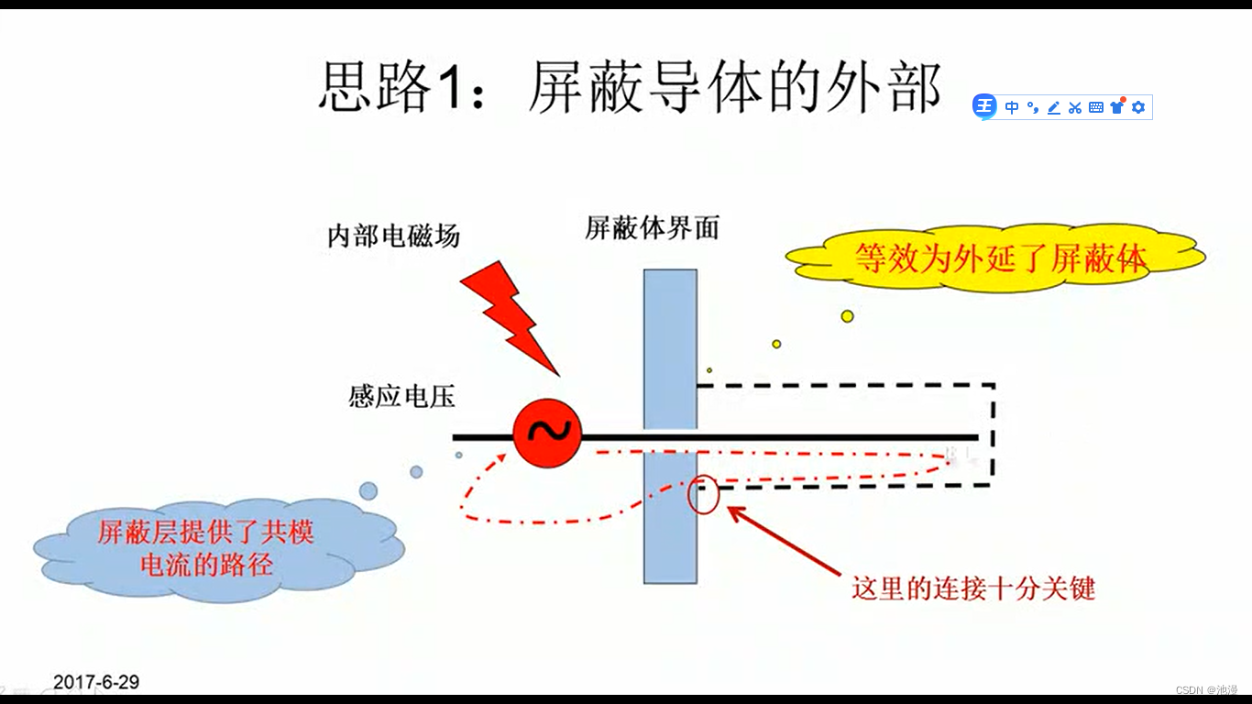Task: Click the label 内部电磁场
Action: pyautogui.click(x=393, y=236)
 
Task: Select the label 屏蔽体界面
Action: pyautogui.click(x=652, y=228)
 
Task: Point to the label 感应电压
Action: pyautogui.click(x=401, y=397)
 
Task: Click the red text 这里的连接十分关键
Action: pyautogui.click(x=973, y=588)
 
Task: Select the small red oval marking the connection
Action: pyautogui.click(x=704, y=494)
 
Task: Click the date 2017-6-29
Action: pyautogui.click(x=96, y=682)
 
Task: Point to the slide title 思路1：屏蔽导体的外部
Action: pyautogui.click(x=630, y=88)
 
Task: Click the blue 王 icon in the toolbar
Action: pyautogui.click(x=984, y=107)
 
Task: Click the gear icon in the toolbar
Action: pyautogui.click(x=1138, y=107)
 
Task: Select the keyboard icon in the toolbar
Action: pyautogui.click(x=1096, y=107)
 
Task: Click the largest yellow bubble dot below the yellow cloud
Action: pyautogui.click(x=847, y=316)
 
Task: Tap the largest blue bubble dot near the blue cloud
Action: pyautogui.click(x=368, y=491)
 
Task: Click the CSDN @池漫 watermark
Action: pyautogui.click(x=1207, y=689)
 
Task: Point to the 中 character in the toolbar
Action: pyautogui.click(x=1012, y=107)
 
